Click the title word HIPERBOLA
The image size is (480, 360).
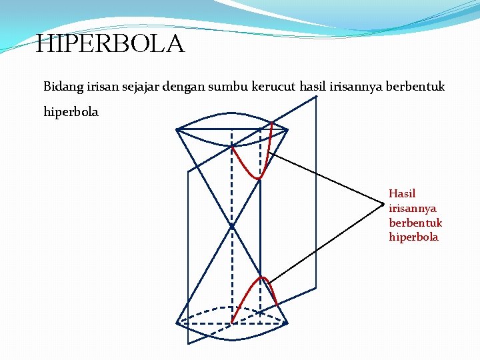coord(109,45)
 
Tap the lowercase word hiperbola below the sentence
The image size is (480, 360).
coord(71,112)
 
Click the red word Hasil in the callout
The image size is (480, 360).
coord(402,194)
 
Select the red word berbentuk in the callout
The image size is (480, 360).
coord(415,223)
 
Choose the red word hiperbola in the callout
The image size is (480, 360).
coord(413,237)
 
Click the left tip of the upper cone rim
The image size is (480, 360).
coord(177,129)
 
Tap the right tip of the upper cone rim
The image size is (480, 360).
coord(287,129)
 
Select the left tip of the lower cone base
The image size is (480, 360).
coord(177,323)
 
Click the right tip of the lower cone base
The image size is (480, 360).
coord(287,323)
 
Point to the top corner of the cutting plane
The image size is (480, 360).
coord(316,97)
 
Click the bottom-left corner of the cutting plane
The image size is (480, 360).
coord(188,343)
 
